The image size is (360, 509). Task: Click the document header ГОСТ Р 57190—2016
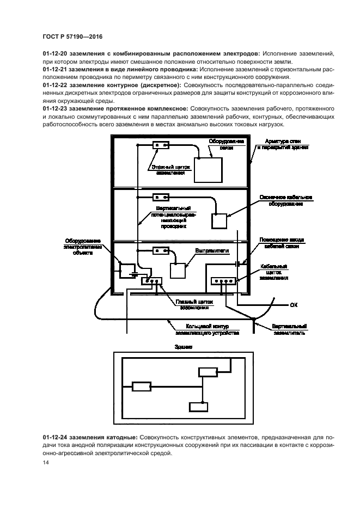pos(72,36)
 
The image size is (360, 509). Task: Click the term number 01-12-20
pos(56,54)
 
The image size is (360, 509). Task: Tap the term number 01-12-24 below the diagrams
pos(56,437)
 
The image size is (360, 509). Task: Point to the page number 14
pos(45,463)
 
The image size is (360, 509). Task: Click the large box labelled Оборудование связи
pos(209,170)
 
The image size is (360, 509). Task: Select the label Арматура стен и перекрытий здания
pos(283,144)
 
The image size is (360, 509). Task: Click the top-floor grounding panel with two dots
pos(161,145)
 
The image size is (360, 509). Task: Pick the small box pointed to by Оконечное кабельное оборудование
pos(219,221)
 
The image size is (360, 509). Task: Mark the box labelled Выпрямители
pos(179,271)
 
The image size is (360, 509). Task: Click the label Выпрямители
pos(212,251)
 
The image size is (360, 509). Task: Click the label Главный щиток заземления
pos(195,304)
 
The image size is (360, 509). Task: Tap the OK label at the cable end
pos(294,304)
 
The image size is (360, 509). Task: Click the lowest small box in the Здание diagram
pos(198,407)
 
